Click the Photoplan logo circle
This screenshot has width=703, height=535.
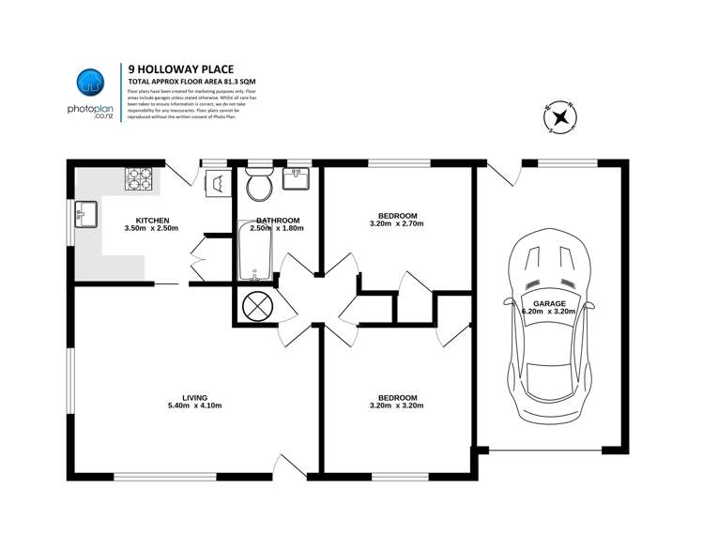(89, 83)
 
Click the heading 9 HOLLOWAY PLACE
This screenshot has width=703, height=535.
(176, 69)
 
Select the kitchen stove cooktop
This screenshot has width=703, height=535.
(140, 176)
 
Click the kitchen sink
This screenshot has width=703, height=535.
(84, 213)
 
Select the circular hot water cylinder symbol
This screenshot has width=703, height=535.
(256, 306)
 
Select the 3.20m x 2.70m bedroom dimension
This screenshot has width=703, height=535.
(397, 224)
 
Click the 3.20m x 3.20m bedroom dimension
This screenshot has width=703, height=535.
(397, 405)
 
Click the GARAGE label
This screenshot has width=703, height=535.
(549, 304)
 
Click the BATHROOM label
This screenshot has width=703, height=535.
(277, 220)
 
